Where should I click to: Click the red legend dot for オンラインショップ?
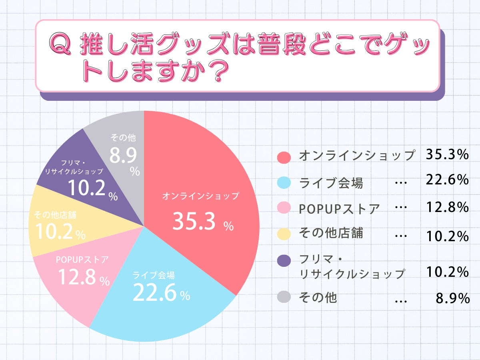coord(284,157)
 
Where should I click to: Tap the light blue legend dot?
coord(284,183)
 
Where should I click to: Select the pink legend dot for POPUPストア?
coord(284,208)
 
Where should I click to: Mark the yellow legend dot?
coord(284,234)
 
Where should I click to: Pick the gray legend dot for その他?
coord(284,297)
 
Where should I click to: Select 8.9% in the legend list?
coord(452,298)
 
